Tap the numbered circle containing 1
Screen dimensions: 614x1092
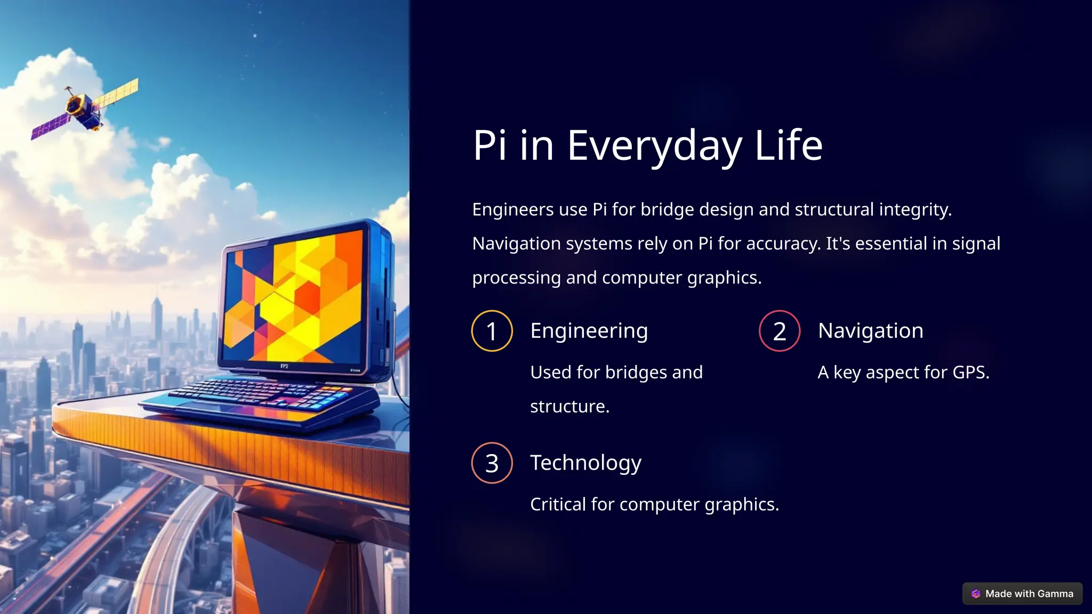pyautogui.click(x=492, y=331)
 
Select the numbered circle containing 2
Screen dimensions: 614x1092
pyautogui.click(x=780, y=331)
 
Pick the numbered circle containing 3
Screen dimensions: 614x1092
pyautogui.click(x=492, y=463)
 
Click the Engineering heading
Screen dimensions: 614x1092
pyautogui.click(x=589, y=331)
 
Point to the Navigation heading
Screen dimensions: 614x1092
pyautogui.click(x=870, y=331)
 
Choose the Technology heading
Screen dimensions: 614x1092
pyautogui.click(x=585, y=463)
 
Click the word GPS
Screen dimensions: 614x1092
pyautogui.click(x=970, y=372)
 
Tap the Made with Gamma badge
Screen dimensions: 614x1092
pyautogui.click(x=1022, y=594)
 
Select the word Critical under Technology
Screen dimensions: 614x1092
pyautogui.click(x=558, y=504)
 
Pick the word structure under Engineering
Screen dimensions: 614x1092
pyautogui.click(x=569, y=406)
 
